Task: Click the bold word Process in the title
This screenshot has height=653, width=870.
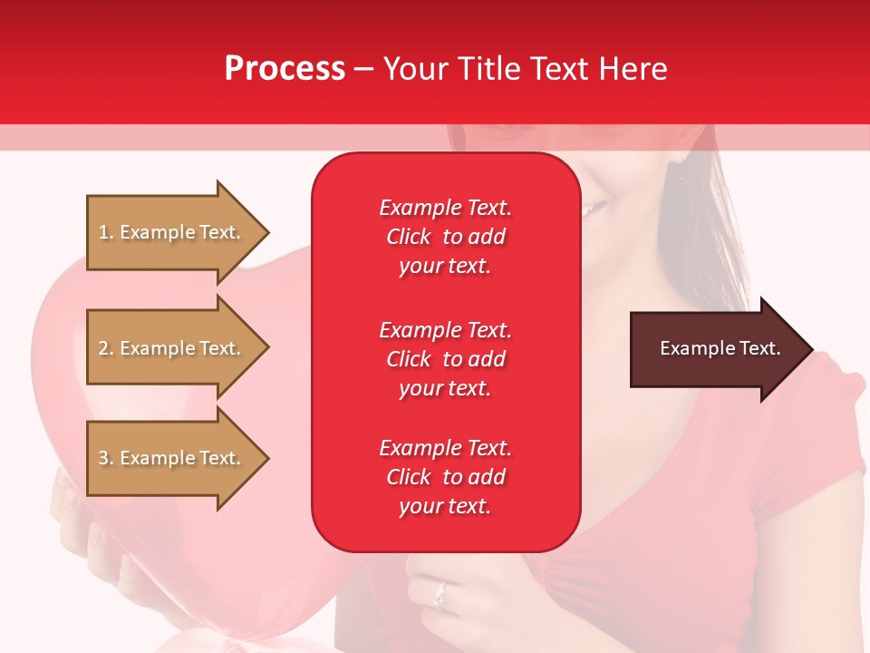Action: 285,69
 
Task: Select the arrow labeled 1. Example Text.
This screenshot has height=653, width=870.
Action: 172,232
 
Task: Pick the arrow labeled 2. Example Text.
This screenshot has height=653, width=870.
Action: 172,348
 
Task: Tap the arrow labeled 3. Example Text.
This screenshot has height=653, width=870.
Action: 172,458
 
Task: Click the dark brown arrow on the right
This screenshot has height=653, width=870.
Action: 716,349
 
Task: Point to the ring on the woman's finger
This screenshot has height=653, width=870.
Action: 440,595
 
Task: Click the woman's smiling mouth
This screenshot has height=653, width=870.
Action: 594,210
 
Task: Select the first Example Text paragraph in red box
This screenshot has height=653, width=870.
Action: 445,237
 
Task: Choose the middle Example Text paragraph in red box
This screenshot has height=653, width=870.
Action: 445,359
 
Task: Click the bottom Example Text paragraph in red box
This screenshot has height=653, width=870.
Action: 445,477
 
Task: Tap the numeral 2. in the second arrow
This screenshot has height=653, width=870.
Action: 106,348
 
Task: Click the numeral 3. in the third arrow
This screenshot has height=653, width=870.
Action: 106,458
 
